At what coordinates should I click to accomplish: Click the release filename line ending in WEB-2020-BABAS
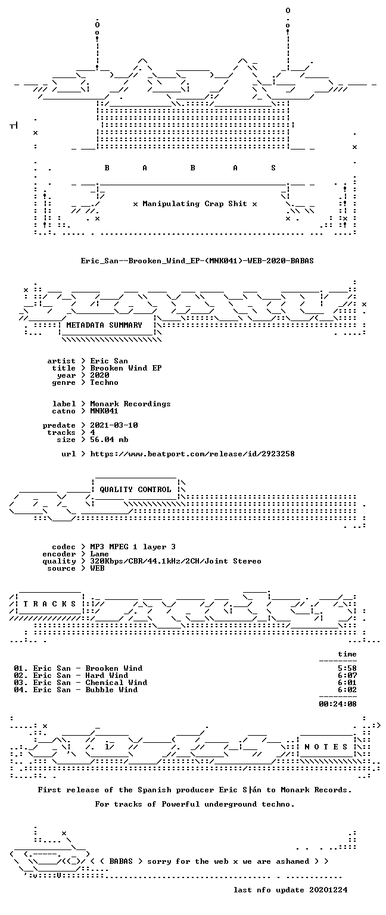pos(197,260)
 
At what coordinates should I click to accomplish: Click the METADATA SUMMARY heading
pos(104,325)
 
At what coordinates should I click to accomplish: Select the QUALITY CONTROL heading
pos(135,489)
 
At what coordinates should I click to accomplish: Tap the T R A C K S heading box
pos(49,604)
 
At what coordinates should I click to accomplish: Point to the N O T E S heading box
pos(326,746)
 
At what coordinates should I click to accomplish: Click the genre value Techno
pos(104,383)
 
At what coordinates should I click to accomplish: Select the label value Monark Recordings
pos(130,404)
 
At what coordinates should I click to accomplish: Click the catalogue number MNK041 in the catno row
pos(104,411)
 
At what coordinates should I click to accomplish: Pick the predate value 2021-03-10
pos(114,425)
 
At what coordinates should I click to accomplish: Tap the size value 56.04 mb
pos(109,440)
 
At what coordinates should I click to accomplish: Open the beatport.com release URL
pos(192,454)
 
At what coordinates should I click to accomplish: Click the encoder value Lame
pos(99,555)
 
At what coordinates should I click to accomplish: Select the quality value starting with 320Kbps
pos(176,561)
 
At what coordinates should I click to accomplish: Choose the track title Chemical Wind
pos(116,683)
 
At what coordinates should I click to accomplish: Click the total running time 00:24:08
pos(338,704)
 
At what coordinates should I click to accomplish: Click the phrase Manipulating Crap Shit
pos(194,204)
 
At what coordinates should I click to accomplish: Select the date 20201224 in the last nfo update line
pos(328,890)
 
